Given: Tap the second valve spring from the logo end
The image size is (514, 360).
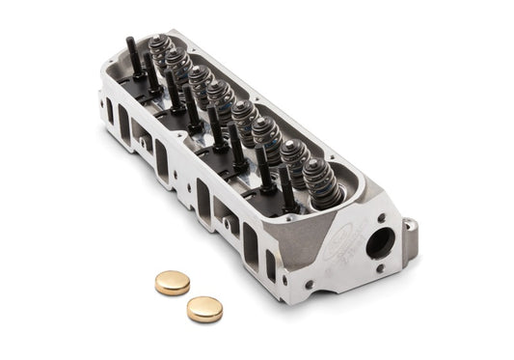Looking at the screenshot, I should pyautogui.click(x=293, y=156).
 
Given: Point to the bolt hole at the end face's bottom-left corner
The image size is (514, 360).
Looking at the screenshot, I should pyautogui.click(x=310, y=285).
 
